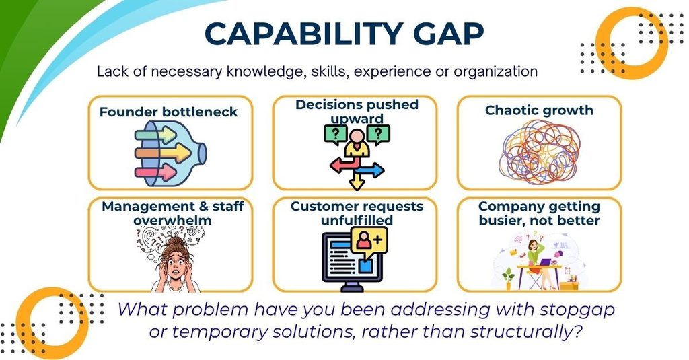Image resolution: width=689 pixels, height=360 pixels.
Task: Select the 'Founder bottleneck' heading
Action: [x=169, y=112]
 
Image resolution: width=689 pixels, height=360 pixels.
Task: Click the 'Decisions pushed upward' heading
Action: [x=357, y=111]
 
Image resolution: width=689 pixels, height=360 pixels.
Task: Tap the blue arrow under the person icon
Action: [x=370, y=170]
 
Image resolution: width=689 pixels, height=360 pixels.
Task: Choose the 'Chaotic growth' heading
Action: [x=539, y=110]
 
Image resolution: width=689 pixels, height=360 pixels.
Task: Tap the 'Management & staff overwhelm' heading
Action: [x=173, y=213]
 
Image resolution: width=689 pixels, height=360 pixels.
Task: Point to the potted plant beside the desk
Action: [x=509, y=278]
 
